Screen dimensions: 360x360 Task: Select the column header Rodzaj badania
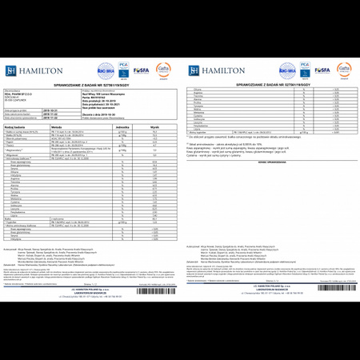tap(18, 126)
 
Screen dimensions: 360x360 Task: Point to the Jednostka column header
tap(122, 126)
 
